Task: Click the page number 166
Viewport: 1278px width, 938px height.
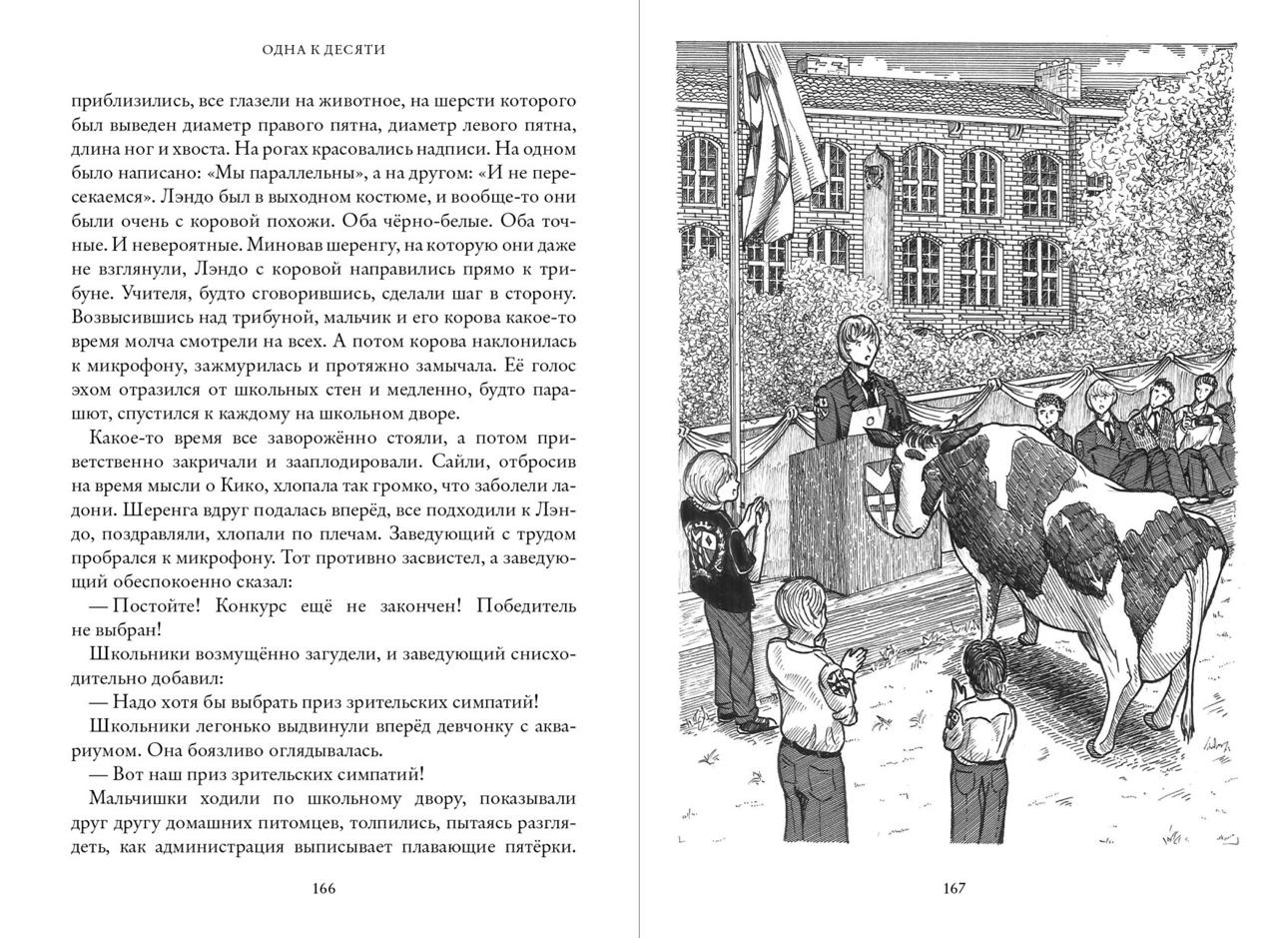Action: click(323, 888)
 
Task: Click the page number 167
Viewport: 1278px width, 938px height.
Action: click(954, 888)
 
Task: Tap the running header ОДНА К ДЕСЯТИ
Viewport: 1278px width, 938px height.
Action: click(323, 49)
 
